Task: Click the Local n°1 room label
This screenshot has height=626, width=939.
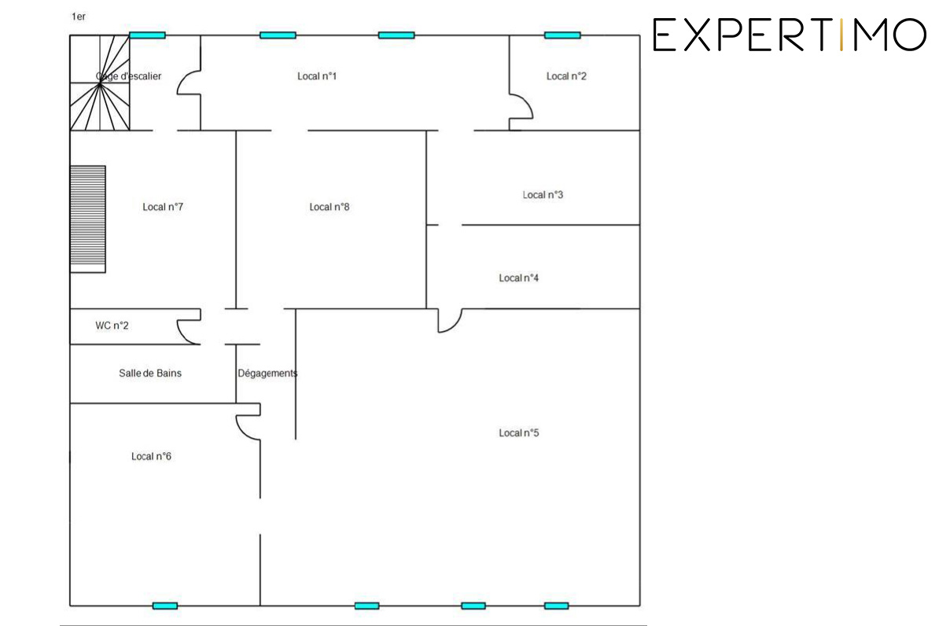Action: pyautogui.click(x=317, y=76)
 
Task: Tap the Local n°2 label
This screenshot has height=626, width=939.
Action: pyautogui.click(x=566, y=76)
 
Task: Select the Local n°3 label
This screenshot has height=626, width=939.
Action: pyautogui.click(x=543, y=195)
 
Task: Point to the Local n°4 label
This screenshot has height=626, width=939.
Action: pyautogui.click(x=518, y=278)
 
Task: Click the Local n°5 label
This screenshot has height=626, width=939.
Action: pyautogui.click(x=518, y=433)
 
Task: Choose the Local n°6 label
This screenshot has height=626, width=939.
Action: pyautogui.click(x=151, y=456)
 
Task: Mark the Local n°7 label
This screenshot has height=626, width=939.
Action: pyautogui.click(x=163, y=207)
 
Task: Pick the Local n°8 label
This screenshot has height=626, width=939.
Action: pyautogui.click(x=330, y=207)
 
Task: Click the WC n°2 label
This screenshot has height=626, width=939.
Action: pyautogui.click(x=112, y=326)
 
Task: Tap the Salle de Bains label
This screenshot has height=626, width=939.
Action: pyautogui.click(x=149, y=374)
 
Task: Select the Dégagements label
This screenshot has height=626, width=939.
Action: pyautogui.click(x=267, y=374)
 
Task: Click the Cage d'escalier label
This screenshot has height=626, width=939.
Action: pyautogui.click(x=128, y=76)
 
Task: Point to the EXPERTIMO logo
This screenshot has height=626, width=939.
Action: pyautogui.click(x=790, y=35)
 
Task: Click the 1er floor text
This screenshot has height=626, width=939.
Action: pyautogui.click(x=79, y=17)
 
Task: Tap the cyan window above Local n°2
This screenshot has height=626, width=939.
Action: pyautogui.click(x=562, y=35)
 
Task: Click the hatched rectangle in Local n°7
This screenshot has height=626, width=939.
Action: pyautogui.click(x=88, y=219)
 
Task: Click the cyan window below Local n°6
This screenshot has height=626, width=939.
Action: pyautogui.click(x=164, y=606)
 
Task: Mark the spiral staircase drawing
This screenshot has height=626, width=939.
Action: pyautogui.click(x=99, y=83)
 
